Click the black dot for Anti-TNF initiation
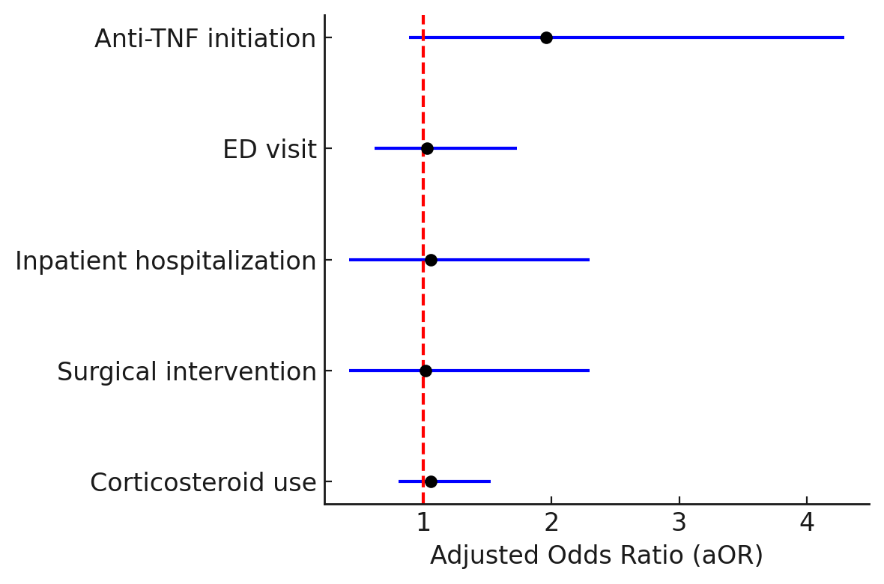545,37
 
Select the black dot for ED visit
427,148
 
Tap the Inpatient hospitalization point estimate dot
431,260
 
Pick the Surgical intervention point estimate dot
426,371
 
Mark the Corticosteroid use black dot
431,481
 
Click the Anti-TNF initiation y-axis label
205,39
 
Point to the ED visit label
270,150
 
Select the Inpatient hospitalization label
166,261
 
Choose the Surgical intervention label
187,372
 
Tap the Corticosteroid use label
203,482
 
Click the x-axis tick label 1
423,523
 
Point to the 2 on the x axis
551,523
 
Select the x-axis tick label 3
679,523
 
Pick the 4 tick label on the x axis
807,523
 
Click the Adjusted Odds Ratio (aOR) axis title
596,556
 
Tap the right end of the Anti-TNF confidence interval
844,37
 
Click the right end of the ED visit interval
516,148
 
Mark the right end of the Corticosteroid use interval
491,481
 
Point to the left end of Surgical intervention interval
350,371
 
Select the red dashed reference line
423,259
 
